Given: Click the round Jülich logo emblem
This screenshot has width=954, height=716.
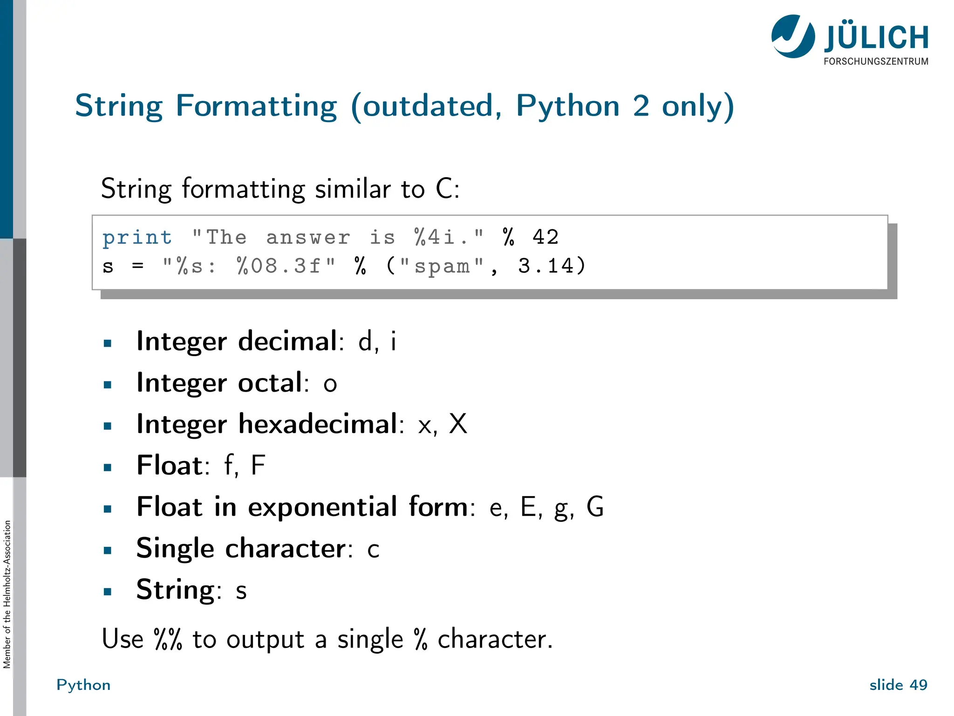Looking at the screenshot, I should coord(793,36).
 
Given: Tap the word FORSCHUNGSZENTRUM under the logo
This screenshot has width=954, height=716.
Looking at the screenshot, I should coord(876,62).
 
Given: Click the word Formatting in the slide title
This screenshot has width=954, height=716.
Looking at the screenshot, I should coord(256,106).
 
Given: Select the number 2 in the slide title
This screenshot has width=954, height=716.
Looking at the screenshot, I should coord(641,106).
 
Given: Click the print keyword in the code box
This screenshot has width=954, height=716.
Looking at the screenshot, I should coord(137,238).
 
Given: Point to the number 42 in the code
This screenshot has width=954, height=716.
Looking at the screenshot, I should coord(545,237).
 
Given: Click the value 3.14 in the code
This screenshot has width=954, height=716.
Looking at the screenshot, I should coord(546,266).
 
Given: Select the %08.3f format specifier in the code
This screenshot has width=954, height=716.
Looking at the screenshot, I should coord(279,266).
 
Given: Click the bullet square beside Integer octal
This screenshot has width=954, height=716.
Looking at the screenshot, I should coord(108,385).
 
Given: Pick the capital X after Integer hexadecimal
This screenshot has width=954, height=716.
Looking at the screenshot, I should coord(458,424).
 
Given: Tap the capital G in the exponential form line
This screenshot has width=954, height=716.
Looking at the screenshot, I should coord(595,507).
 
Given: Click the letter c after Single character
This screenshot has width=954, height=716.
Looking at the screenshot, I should coord(373,550).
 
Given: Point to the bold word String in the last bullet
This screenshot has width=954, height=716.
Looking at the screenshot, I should coord(175,590).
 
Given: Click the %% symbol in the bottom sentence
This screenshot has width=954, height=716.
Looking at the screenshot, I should coord(168,639).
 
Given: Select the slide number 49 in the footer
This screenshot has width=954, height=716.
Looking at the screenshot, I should coord(918,685).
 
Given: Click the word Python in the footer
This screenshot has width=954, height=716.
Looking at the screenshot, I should coord(83,685).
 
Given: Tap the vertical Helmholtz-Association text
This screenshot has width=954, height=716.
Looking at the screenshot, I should coord(7,594).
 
